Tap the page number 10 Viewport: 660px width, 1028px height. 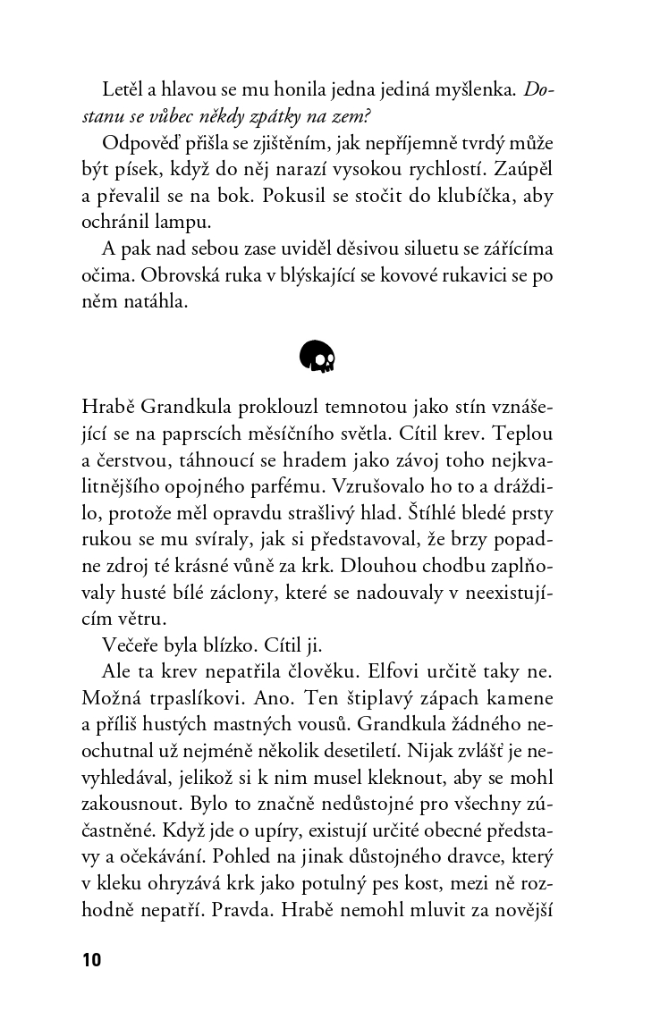point(91,960)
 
